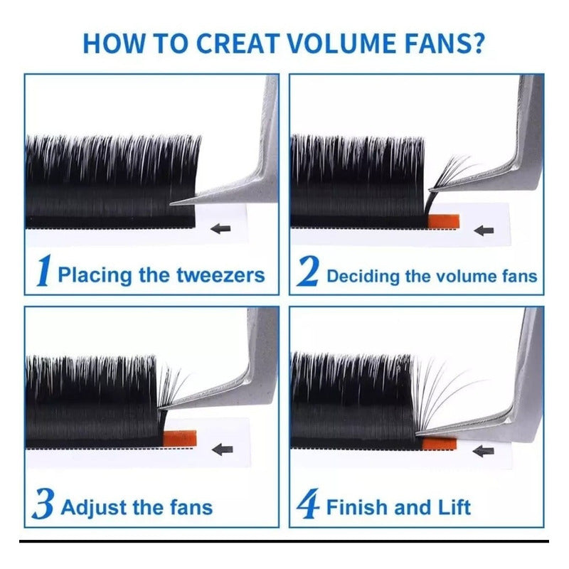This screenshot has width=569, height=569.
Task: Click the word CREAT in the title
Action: pos(236,43)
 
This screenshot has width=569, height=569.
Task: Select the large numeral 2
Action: pos(309,271)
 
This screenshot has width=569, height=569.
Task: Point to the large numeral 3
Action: pos(43,504)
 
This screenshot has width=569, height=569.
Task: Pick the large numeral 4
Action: pos(308,504)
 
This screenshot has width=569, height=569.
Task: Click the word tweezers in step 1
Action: pos(220,275)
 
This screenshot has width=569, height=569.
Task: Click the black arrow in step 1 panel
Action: pos(220,228)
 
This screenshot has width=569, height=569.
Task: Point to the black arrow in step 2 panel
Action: pos(484,230)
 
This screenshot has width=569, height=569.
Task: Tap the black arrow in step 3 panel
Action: pos(222,450)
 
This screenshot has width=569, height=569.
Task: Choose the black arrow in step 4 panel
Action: pos(484,451)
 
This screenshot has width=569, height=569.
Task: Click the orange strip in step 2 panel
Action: pos(444,221)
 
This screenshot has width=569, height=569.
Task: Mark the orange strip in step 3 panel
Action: pos(180,438)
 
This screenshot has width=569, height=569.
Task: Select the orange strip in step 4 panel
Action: pos(439,443)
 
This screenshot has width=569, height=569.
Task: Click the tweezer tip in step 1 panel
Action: pos(171,204)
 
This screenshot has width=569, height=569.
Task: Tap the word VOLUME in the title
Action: pos(342,43)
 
